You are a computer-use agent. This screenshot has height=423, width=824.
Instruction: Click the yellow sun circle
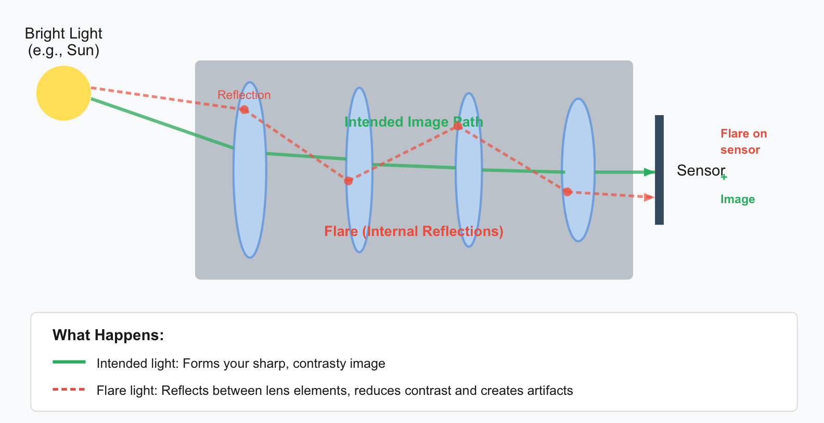tap(63, 93)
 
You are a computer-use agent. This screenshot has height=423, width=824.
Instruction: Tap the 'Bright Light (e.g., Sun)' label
tap(63, 42)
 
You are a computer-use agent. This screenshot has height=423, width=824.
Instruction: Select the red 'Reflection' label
tap(244, 95)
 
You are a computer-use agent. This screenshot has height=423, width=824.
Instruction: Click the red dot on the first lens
tap(244, 109)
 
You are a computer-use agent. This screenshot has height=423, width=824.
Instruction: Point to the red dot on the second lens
tap(349, 181)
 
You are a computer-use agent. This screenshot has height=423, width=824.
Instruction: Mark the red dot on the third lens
tap(458, 127)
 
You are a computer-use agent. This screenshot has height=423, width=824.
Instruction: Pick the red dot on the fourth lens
tap(567, 192)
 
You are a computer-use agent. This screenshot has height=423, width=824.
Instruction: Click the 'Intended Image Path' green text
tap(414, 122)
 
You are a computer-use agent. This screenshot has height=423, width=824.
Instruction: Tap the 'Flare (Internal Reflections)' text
tap(414, 231)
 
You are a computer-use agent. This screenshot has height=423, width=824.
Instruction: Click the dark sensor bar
tap(659, 170)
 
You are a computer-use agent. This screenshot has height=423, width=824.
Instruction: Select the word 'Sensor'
tap(701, 170)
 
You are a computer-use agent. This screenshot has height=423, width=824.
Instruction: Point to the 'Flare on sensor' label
tap(743, 142)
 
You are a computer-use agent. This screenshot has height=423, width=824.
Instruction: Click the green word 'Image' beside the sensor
tap(738, 200)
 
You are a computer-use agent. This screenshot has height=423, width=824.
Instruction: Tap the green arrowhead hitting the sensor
tap(650, 172)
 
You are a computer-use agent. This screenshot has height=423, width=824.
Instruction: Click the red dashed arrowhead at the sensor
tap(650, 197)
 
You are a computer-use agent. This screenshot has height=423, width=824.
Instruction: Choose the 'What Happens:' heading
tap(108, 335)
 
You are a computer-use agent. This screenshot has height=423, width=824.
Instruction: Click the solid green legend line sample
tap(69, 362)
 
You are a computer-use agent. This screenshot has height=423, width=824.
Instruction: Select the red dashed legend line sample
tap(69, 389)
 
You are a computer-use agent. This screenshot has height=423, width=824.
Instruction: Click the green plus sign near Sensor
tap(724, 177)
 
